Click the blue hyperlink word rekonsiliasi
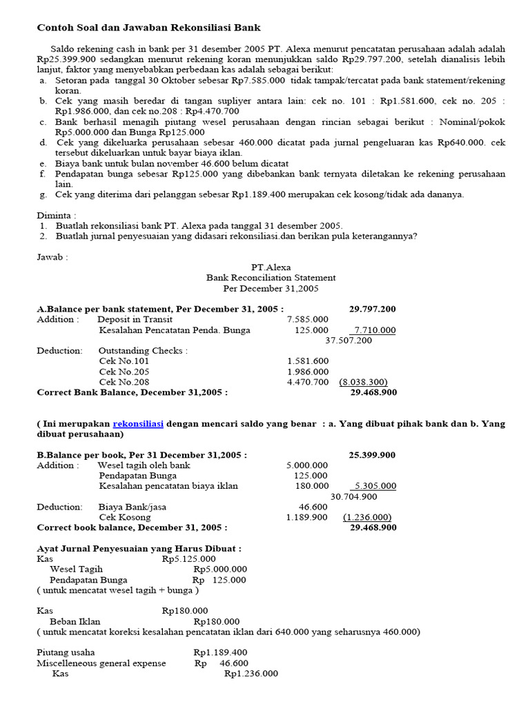(x=137, y=424)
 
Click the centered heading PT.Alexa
(x=271, y=267)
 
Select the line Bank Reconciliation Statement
(x=271, y=278)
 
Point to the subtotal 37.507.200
(x=349, y=340)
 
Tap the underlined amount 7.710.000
(x=375, y=330)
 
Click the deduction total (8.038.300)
(x=363, y=382)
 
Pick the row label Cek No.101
(x=124, y=361)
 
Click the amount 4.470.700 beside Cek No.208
(x=308, y=382)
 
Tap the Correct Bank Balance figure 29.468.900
(x=373, y=392)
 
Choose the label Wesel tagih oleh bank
(x=144, y=465)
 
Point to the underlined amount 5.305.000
(x=375, y=486)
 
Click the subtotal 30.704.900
(x=354, y=496)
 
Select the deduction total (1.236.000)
(x=367, y=517)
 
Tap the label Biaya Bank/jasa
(x=132, y=507)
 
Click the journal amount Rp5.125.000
(x=184, y=559)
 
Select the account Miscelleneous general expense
(x=101, y=663)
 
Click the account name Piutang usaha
(x=66, y=652)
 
